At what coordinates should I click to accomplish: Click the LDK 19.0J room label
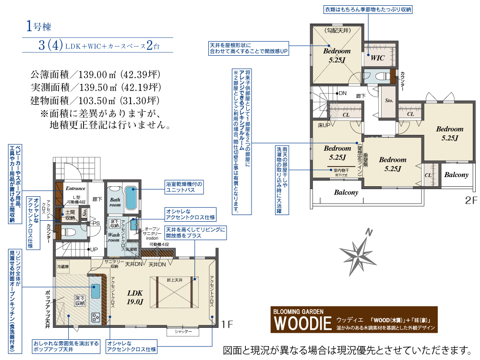pyautogui.click(x=135, y=297)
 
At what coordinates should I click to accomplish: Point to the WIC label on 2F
pyautogui.click(x=378, y=58)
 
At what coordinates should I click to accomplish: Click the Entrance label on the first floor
pyautogui.click(x=75, y=189)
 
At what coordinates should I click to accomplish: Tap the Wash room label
pyautogui.click(x=114, y=238)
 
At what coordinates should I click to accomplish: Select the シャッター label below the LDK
pyautogui.click(x=183, y=332)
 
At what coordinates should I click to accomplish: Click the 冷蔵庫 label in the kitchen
pyautogui.click(x=63, y=266)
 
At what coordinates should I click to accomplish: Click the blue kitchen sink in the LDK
pyautogui.click(x=96, y=290)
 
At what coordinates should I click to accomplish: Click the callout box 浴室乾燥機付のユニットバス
pyautogui.click(x=184, y=187)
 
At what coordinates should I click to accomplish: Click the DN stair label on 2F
pyautogui.click(x=342, y=93)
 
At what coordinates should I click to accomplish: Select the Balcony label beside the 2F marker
pyautogui.click(x=456, y=175)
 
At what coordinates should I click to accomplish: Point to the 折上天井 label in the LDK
pyautogui.click(x=174, y=279)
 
